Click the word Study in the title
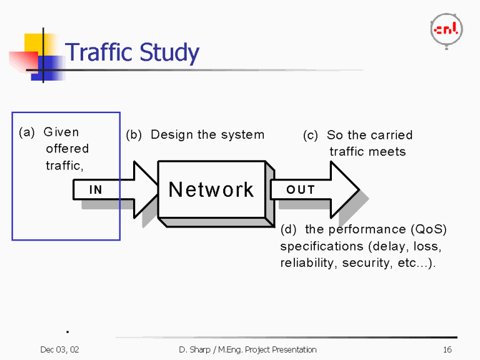pos(168,54)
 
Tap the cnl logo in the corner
pos(446,29)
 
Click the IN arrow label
pos(96,189)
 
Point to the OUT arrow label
pos(301,189)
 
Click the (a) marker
pos(27,132)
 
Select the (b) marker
pos(134,135)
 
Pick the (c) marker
pos(311,135)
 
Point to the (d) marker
pos(289,229)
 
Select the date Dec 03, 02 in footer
pos(59,349)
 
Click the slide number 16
pos(446,349)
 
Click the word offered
pos(67,149)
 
